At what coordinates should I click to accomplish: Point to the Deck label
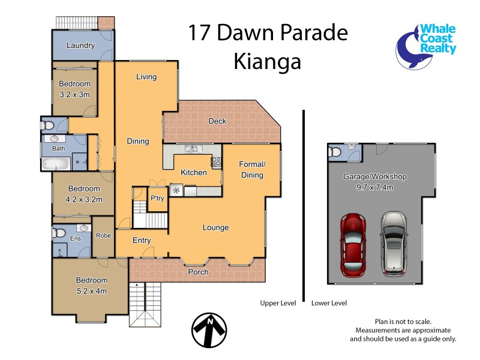click(217, 121)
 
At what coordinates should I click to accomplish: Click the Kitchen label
click(194, 173)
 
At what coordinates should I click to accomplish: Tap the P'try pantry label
click(157, 199)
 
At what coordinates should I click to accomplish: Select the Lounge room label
click(215, 227)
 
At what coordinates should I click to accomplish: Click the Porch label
click(199, 272)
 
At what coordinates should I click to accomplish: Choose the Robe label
click(103, 236)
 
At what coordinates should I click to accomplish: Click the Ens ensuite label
click(76, 239)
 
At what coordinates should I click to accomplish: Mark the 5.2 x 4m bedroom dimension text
click(91, 292)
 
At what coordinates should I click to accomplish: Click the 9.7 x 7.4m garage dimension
click(375, 187)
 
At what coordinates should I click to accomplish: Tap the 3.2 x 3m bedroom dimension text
click(74, 95)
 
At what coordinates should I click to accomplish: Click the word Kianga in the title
click(268, 61)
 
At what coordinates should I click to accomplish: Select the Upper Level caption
click(278, 303)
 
